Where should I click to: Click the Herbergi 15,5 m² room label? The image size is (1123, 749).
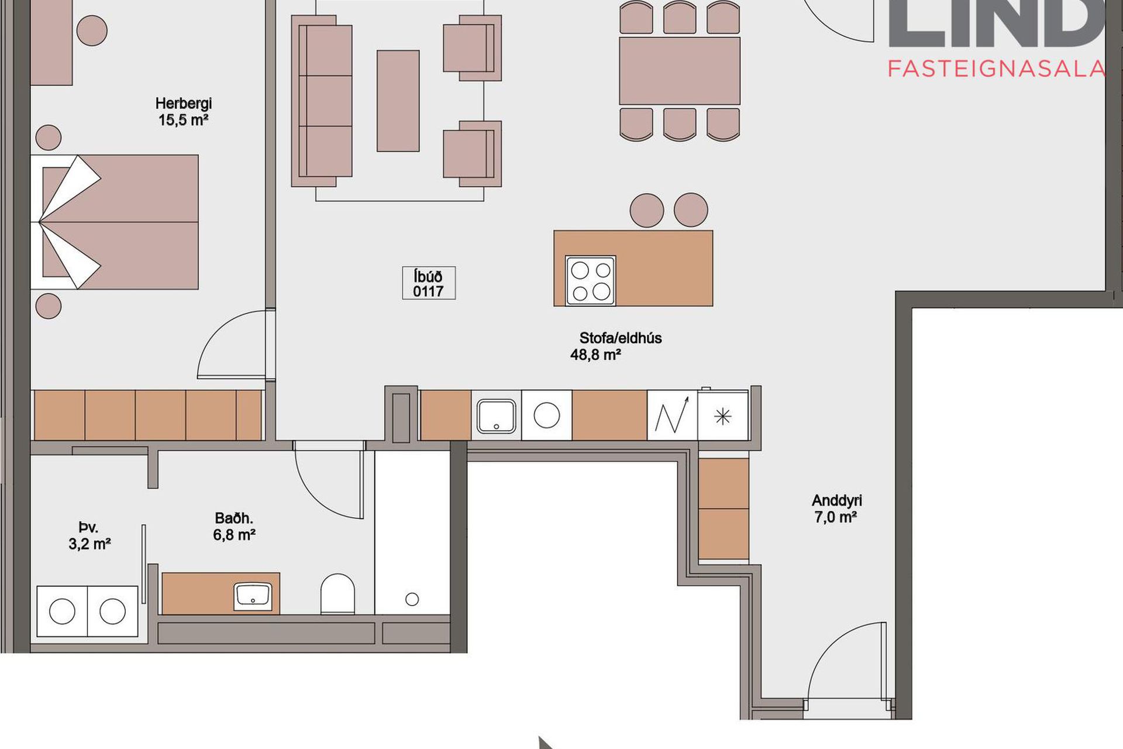183,112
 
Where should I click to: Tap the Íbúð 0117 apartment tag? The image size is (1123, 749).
429,283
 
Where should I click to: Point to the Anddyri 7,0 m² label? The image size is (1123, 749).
836,509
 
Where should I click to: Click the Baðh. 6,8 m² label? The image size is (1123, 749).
234,526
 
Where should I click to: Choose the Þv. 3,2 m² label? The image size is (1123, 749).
89,535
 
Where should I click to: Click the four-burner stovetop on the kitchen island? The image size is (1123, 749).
590,280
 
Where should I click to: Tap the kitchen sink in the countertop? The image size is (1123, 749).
496,415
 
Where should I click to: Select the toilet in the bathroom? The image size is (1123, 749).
337,593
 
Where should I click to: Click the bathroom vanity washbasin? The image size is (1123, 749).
253,596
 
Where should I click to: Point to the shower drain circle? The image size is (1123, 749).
412,599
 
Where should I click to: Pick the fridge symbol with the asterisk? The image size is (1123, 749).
723,416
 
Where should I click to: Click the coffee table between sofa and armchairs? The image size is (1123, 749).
398,101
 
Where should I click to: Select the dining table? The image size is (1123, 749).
680,71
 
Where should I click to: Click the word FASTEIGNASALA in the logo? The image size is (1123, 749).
996,69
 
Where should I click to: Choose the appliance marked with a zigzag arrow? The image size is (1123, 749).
672,416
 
